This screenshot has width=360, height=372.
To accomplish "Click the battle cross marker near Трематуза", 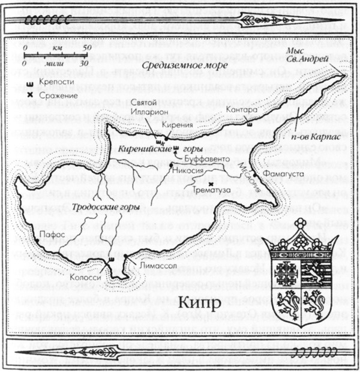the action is [x=212, y=182].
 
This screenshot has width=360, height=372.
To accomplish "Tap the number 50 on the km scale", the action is [x=86, y=46].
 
